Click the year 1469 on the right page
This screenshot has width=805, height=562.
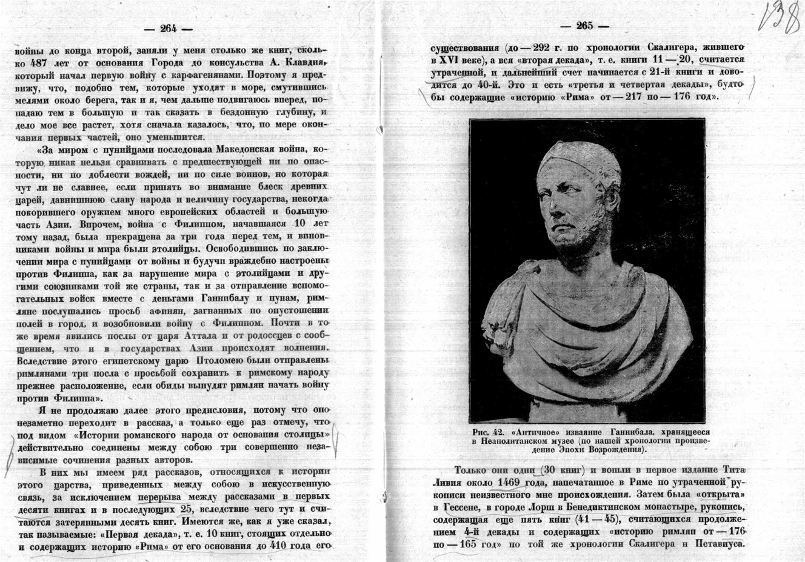pos(514,483)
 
